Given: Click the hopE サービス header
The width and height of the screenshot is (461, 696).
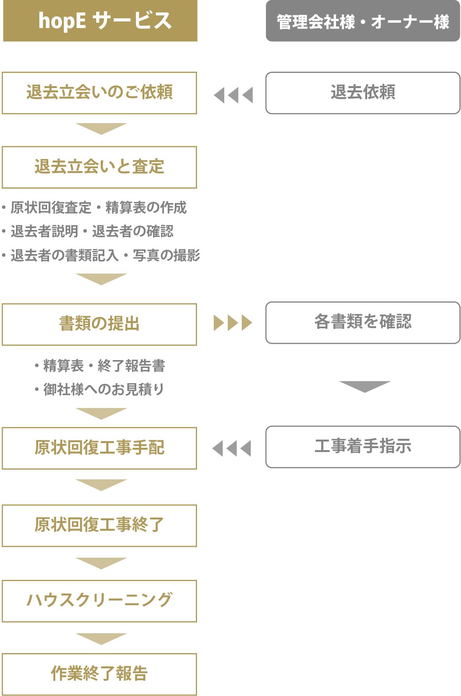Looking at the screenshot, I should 100,21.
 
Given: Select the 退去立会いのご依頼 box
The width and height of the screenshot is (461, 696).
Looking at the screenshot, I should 99,93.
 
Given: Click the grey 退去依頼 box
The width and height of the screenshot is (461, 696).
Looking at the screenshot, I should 363,93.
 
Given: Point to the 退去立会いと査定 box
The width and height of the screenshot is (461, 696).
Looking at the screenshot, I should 99,167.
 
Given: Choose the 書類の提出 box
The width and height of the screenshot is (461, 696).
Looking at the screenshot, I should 99,325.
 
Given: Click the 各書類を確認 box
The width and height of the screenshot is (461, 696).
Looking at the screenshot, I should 363,323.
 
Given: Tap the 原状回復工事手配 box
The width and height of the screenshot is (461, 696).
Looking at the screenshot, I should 99,448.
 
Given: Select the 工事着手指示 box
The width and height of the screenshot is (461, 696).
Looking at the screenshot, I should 363,447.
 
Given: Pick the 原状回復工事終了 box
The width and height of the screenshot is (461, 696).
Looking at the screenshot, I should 99,526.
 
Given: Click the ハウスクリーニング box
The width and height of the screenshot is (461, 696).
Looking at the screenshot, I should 99,601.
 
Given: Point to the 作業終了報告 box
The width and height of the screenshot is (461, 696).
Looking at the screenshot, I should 99,674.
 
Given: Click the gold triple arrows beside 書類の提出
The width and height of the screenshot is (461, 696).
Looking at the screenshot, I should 233,323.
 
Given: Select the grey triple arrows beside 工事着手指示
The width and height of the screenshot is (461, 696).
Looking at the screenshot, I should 232,449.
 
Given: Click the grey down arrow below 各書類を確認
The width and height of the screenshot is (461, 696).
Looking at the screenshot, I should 364,386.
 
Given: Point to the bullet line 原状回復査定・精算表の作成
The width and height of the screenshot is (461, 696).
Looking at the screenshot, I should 98,208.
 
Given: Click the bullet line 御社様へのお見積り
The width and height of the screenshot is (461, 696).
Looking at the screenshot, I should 103,389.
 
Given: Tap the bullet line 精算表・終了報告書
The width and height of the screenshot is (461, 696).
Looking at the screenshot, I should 104,366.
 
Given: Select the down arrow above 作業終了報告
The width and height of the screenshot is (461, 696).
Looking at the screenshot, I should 101,639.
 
